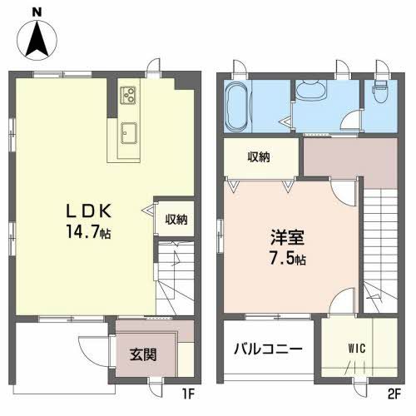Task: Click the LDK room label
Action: tap(83, 210)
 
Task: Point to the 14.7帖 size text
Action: tap(87, 232)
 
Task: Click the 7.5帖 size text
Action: tap(285, 258)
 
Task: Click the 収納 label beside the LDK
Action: tap(175, 220)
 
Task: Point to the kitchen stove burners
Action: tap(128, 95)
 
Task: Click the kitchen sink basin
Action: tap(129, 131)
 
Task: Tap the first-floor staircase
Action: tap(176, 275)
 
